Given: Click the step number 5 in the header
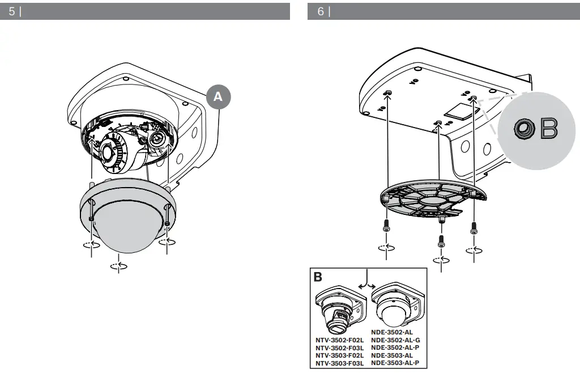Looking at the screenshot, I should [x=12, y=11].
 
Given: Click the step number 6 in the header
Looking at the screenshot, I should [x=321, y=11].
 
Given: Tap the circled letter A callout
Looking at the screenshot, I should [x=218, y=97].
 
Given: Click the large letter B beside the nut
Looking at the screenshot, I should [x=549, y=129].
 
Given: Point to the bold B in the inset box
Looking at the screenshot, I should [x=318, y=277].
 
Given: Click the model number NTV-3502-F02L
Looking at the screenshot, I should [x=339, y=340].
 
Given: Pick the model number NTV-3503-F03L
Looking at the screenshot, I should [x=339, y=363].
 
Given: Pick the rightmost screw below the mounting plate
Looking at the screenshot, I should [x=474, y=228].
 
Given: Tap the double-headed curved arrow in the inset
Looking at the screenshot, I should [x=368, y=281].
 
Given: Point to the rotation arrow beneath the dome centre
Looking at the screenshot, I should [x=118, y=265].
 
